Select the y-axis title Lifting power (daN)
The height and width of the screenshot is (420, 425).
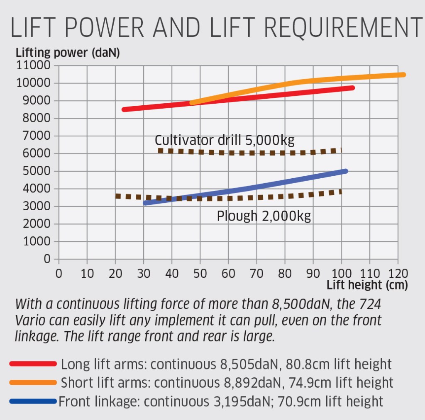[x=68, y=53]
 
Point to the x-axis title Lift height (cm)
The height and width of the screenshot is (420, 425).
[x=367, y=285]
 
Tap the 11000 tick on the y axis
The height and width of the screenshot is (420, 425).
[x=33, y=66]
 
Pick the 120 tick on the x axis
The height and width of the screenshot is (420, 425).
[x=398, y=274]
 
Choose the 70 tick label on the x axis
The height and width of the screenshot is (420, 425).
[x=257, y=274]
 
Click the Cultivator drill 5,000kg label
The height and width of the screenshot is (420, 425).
[x=225, y=140]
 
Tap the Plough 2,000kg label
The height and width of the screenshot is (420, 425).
[x=264, y=216]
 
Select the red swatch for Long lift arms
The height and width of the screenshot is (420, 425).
[x=33, y=364]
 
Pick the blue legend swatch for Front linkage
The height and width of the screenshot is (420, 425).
[x=33, y=401]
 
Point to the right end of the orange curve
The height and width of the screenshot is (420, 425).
[x=403, y=75]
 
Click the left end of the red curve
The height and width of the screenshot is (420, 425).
[x=124, y=109]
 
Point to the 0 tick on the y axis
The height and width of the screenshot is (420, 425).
[x=46, y=259]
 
